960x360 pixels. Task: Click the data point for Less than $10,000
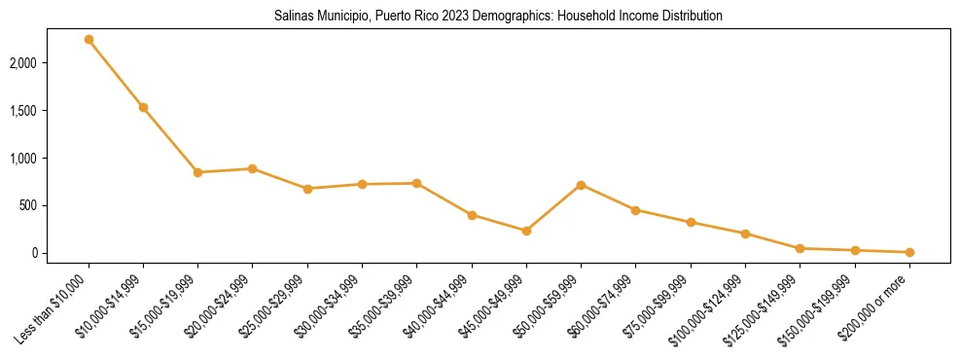coord(89,40)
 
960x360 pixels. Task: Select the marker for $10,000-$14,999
coord(143,107)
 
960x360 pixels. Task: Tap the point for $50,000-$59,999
coord(581,185)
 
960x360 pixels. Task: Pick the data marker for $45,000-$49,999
coord(526,231)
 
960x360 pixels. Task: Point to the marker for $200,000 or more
coord(909,252)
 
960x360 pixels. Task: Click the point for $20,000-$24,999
coord(252,168)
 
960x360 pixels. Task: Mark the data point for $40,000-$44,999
coord(472,215)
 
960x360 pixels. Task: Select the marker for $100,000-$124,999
coord(745,234)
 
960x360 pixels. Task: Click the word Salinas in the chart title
coord(281,17)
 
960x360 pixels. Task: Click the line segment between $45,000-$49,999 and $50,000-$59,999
coord(553,208)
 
